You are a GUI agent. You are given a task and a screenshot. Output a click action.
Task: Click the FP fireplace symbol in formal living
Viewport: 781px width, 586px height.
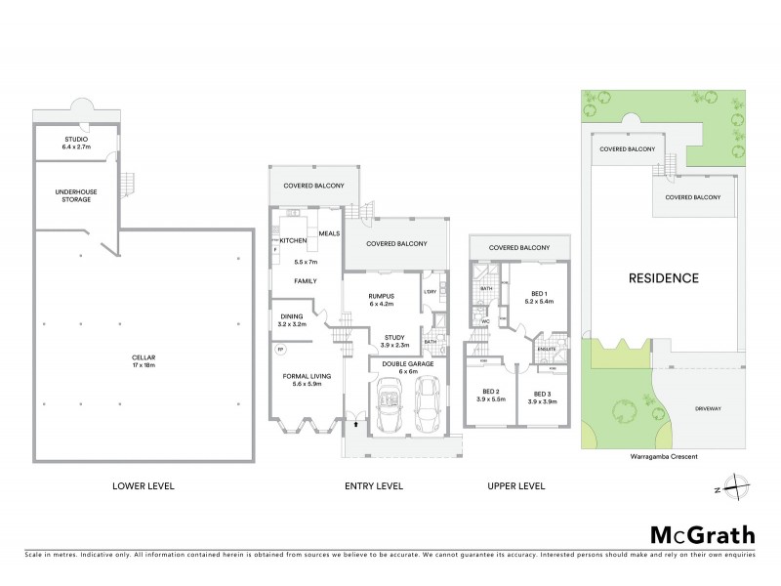tap(282, 350)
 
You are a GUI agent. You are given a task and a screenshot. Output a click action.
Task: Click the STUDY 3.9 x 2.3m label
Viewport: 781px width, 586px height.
tap(381, 341)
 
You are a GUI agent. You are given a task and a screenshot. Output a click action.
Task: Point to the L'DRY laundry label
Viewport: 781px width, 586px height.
tap(430, 289)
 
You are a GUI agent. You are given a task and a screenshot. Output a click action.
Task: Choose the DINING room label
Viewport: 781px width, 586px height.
tap(293, 319)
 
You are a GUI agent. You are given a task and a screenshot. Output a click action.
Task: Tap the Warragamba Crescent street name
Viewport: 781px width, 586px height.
tap(657, 456)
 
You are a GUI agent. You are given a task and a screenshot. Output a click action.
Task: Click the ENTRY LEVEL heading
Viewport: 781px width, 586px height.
tap(374, 485)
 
